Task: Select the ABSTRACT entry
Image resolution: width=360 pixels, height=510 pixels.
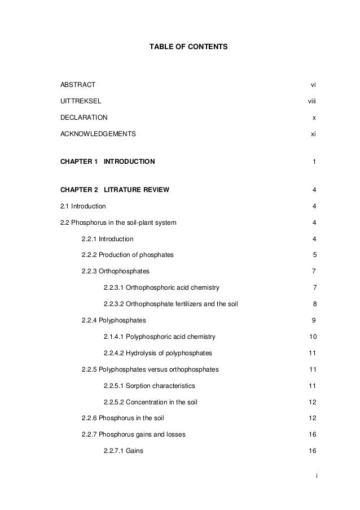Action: coord(78,85)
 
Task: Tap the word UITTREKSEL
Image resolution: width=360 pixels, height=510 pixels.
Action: coord(81,101)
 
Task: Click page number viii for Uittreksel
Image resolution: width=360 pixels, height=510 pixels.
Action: coord(311,101)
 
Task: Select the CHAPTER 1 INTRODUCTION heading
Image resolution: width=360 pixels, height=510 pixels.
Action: coord(107,162)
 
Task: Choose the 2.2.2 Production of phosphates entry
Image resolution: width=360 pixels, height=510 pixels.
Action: coord(128,255)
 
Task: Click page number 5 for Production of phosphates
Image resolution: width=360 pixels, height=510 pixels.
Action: coord(314,255)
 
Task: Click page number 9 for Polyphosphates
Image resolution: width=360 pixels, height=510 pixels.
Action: coord(314,321)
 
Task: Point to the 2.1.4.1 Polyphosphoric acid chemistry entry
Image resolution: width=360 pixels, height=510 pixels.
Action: coord(160,337)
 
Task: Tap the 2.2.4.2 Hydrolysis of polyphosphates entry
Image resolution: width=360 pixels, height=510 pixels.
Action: coord(158,354)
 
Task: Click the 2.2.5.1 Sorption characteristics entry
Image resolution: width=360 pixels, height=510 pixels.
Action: coord(150,386)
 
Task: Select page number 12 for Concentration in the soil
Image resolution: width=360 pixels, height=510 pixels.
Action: coord(313,403)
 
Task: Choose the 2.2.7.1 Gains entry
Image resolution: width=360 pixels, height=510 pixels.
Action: coord(124,451)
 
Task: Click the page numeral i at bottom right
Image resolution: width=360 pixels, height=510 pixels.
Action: coord(317,476)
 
